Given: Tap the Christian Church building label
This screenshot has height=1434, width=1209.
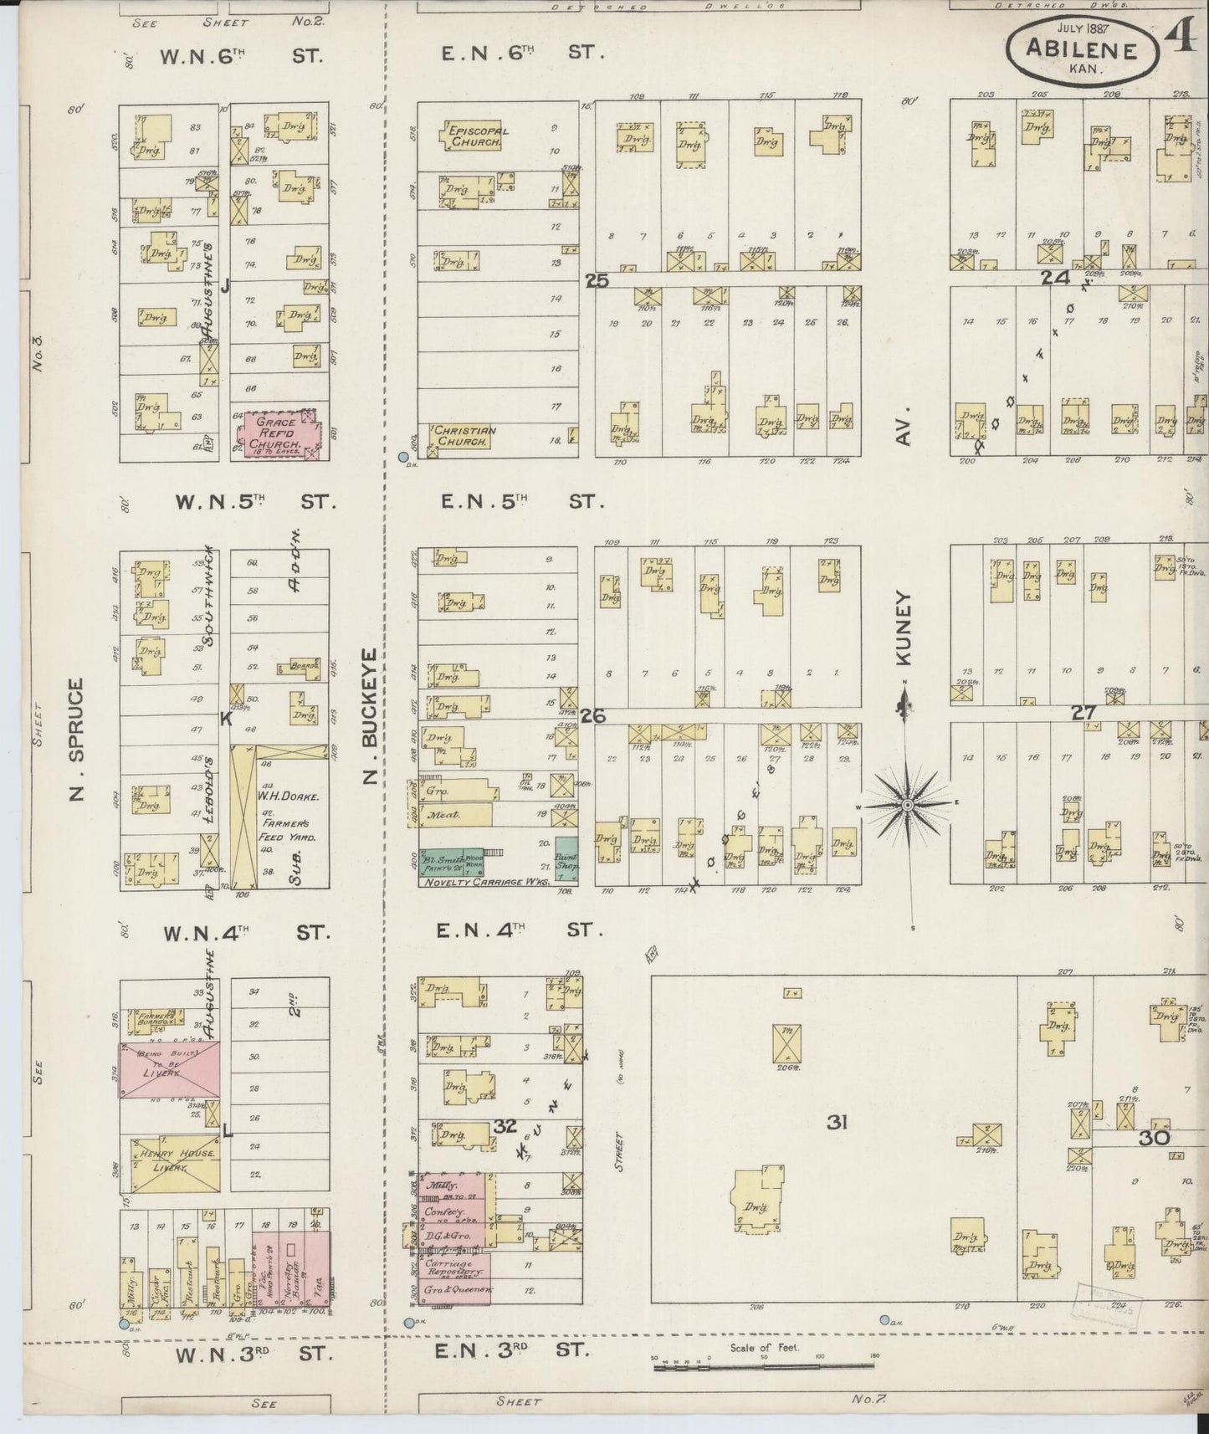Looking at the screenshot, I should tap(464, 435).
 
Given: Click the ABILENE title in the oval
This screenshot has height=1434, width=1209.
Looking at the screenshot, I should tap(1083, 50).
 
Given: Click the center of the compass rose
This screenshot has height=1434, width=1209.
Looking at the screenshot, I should tap(907, 805).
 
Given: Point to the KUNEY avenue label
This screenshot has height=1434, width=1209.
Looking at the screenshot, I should tap(904, 628).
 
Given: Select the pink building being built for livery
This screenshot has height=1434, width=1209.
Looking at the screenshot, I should tap(169, 1069).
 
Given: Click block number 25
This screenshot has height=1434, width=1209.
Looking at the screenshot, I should tap(597, 281).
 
